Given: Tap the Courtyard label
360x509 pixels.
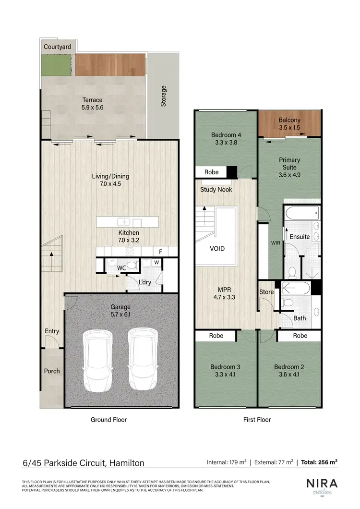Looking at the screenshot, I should click(x=57, y=47).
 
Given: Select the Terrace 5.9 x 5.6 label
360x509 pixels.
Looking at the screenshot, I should click(x=92, y=104).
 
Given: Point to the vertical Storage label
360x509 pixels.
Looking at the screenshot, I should click(x=164, y=96).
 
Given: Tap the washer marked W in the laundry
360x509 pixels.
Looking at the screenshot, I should click(x=156, y=262).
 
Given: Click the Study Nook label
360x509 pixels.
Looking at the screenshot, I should click(x=216, y=190).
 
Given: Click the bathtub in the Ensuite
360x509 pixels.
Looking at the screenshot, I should click(x=301, y=212).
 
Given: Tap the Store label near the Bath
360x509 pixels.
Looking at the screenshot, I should click(x=266, y=292).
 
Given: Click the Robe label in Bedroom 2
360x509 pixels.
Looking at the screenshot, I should click(x=300, y=336).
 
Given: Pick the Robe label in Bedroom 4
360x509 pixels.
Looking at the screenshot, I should click(x=211, y=172).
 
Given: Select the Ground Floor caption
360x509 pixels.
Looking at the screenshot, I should click(x=108, y=420).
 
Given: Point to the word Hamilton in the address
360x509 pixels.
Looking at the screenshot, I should click(x=127, y=463).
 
